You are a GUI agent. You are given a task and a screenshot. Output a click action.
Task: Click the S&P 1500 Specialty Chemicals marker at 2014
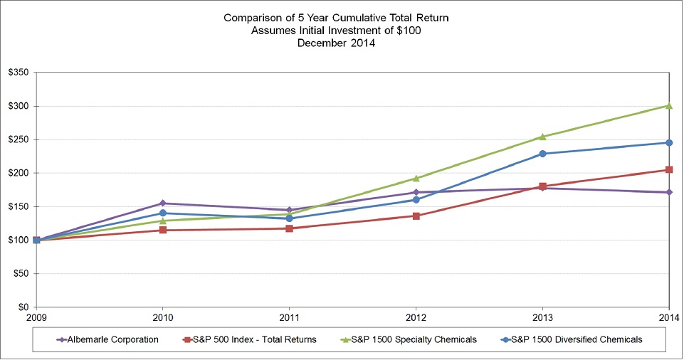(669, 105)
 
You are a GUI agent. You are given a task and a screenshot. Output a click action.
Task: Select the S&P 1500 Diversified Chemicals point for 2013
(542, 154)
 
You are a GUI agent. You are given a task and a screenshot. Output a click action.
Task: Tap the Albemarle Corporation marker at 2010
(163, 203)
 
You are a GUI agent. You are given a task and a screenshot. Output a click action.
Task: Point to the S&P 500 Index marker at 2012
(416, 216)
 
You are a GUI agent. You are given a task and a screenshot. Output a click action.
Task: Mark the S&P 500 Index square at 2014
(669, 169)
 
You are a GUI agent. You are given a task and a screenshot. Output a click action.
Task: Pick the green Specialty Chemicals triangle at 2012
(416, 178)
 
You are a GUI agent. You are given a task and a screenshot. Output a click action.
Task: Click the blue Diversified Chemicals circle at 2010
(163, 213)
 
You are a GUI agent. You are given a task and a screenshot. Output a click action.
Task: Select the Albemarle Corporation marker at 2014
(669, 192)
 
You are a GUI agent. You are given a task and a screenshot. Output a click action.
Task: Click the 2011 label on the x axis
(289, 317)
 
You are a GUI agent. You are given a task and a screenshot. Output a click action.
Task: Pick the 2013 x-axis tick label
(542, 317)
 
